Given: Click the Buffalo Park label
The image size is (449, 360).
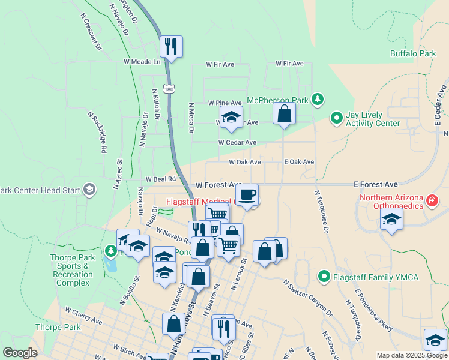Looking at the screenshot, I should (413, 53).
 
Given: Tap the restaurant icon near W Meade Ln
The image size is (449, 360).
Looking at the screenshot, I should (171, 47).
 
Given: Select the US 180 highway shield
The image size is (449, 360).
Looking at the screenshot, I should (169, 88).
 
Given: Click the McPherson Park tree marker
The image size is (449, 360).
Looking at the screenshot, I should (318, 100).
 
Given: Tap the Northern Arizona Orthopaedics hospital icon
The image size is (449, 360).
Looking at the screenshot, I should (432, 200).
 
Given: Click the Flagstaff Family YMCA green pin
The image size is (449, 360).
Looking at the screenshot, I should (324, 277).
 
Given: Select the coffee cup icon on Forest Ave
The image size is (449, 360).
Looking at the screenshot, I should (247, 194).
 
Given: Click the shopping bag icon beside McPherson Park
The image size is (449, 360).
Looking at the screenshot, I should (284, 113).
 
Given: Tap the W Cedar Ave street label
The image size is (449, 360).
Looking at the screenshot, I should (237, 143).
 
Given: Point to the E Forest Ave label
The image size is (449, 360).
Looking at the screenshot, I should (376, 184).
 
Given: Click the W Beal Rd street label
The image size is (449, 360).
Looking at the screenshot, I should (160, 179).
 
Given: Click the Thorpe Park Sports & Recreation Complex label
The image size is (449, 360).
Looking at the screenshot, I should (73, 270).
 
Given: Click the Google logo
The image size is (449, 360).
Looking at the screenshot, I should (20, 352).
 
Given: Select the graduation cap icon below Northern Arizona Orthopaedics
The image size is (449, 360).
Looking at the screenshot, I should (391, 219).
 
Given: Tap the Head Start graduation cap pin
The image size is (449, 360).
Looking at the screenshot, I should (89, 190).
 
